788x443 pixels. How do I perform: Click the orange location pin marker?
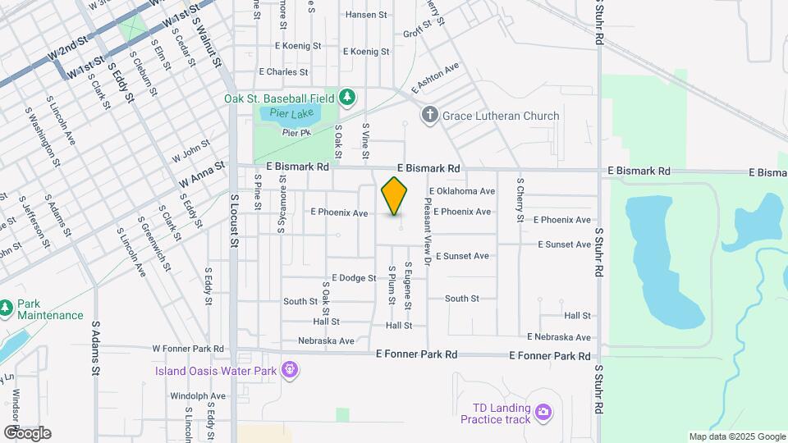pyautogui.click(x=395, y=196)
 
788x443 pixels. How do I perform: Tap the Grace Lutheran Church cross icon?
pyautogui.click(x=428, y=115)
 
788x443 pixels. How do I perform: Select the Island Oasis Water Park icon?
pyautogui.click(x=288, y=370)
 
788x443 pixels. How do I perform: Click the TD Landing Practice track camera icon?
pyautogui.click(x=542, y=412)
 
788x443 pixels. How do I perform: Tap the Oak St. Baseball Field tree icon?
pyautogui.click(x=348, y=98)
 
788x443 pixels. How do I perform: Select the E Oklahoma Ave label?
pyautogui.click(x=460, y=191)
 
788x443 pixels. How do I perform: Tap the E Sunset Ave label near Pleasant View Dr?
pyautogui.click(x=462, y=256)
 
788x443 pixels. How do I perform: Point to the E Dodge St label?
pyautogui.click(x=353, y=278)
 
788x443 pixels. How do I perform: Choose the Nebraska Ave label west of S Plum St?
pyautogui.click(x=326, y=340)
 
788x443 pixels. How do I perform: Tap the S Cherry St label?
pyautogui.click(x=520, y=199)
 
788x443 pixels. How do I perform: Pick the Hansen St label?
pyautogui.click(x=365, y=15)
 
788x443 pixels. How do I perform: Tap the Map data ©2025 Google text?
pyautogui.click(x=737, y=437)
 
